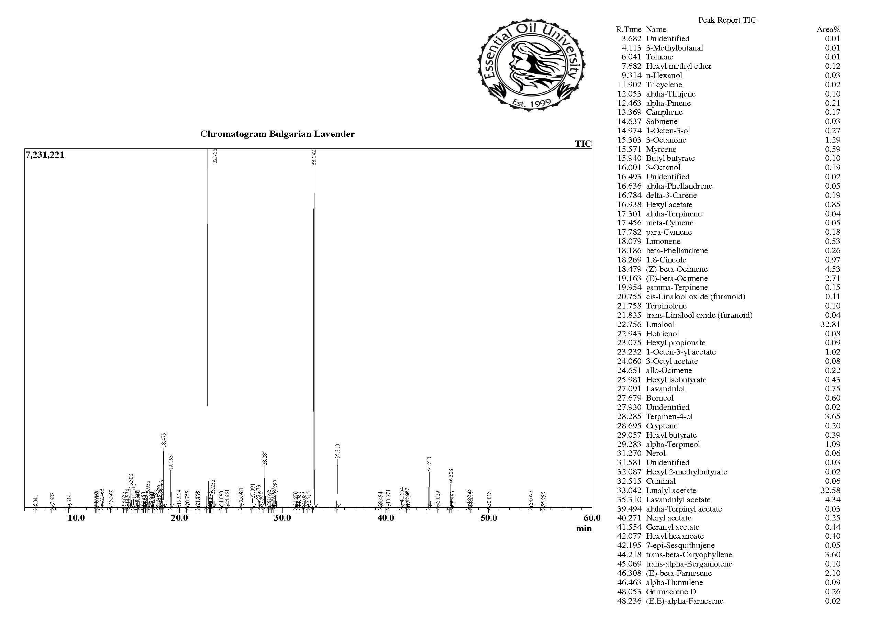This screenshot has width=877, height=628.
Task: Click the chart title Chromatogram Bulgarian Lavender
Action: (x=277, y=134)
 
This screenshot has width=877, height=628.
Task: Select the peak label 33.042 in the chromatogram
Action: (x=314, y=158)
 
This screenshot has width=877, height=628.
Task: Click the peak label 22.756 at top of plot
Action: (x=215, y=156)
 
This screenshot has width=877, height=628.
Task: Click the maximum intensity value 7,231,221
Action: (x=45, y=155)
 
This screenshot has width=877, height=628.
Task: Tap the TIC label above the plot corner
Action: (x=583, y=144)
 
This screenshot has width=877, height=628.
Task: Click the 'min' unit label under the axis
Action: (x=583, y=528)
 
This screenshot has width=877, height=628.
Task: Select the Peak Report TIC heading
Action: (x=727, y=20)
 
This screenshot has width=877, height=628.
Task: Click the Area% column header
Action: (x=828, y=29)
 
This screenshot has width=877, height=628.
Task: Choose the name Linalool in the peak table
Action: (x=660, y=324)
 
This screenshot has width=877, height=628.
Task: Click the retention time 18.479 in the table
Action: (x=629, y=269)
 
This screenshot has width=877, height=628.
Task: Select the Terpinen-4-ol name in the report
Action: (x=669, y=417)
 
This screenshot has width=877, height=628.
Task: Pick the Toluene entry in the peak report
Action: (x=659, y=57)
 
